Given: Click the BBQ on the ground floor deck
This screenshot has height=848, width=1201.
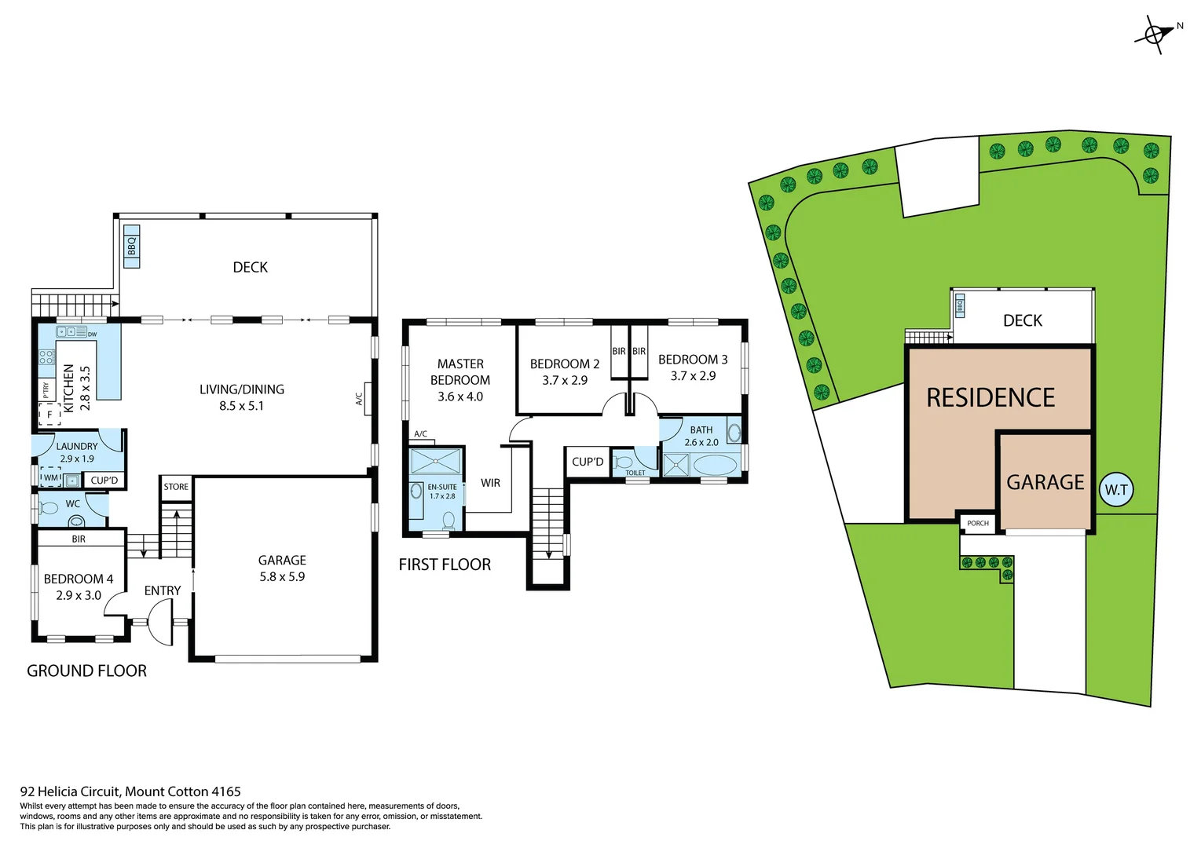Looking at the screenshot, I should pyautogui.click(x=132, y=247).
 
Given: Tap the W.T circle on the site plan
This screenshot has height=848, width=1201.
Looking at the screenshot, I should pyautogui.click(x=1115, y=490).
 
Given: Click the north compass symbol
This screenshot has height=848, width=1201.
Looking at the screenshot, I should pyautogui.click(x=1155, y=35).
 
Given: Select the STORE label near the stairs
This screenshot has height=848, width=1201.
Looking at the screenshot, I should pyautogui.click(x=176, y=487).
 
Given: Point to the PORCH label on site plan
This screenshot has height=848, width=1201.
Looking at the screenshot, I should pyautogui.click(x=978, y=523).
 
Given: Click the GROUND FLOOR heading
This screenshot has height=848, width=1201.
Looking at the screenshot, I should pyautogui.click(x=86, y=671).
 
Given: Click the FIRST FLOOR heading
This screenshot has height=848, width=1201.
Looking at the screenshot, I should pyautogui.click(x=445, y=565).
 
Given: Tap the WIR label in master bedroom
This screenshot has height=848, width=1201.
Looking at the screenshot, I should pyautogui.click(x=490, y=483).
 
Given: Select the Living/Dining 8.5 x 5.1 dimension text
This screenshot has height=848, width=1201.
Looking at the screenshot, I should pyautogui.click(x=241, y=406).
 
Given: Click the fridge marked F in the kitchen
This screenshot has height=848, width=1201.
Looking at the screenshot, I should pyautogui.click(x=49, y=414).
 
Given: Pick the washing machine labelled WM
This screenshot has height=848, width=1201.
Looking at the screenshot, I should pyautogui.click(x=50, y=477).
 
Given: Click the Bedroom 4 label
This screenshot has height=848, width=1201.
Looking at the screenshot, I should pyautogui.click(x=78, y=579).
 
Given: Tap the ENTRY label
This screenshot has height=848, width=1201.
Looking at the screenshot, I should pyautogui.click(x=163, y=590).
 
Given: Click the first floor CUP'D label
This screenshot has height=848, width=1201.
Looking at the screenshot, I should pyautogui.click(x=588, y=462).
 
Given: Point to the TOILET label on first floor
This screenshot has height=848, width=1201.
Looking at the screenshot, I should pyautogui.click(x=635, y=473).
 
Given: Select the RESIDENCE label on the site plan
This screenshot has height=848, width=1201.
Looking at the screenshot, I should pyautogui.click(x=990, y=398).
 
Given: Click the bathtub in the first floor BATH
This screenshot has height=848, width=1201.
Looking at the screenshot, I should pyautogui.click(x=716, y=466).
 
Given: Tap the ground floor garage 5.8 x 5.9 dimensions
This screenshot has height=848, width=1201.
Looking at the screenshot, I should pyautogui.click(x=282, y=576).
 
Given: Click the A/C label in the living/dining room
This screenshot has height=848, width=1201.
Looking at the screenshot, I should pyautogui.click(x=360, y=399).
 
